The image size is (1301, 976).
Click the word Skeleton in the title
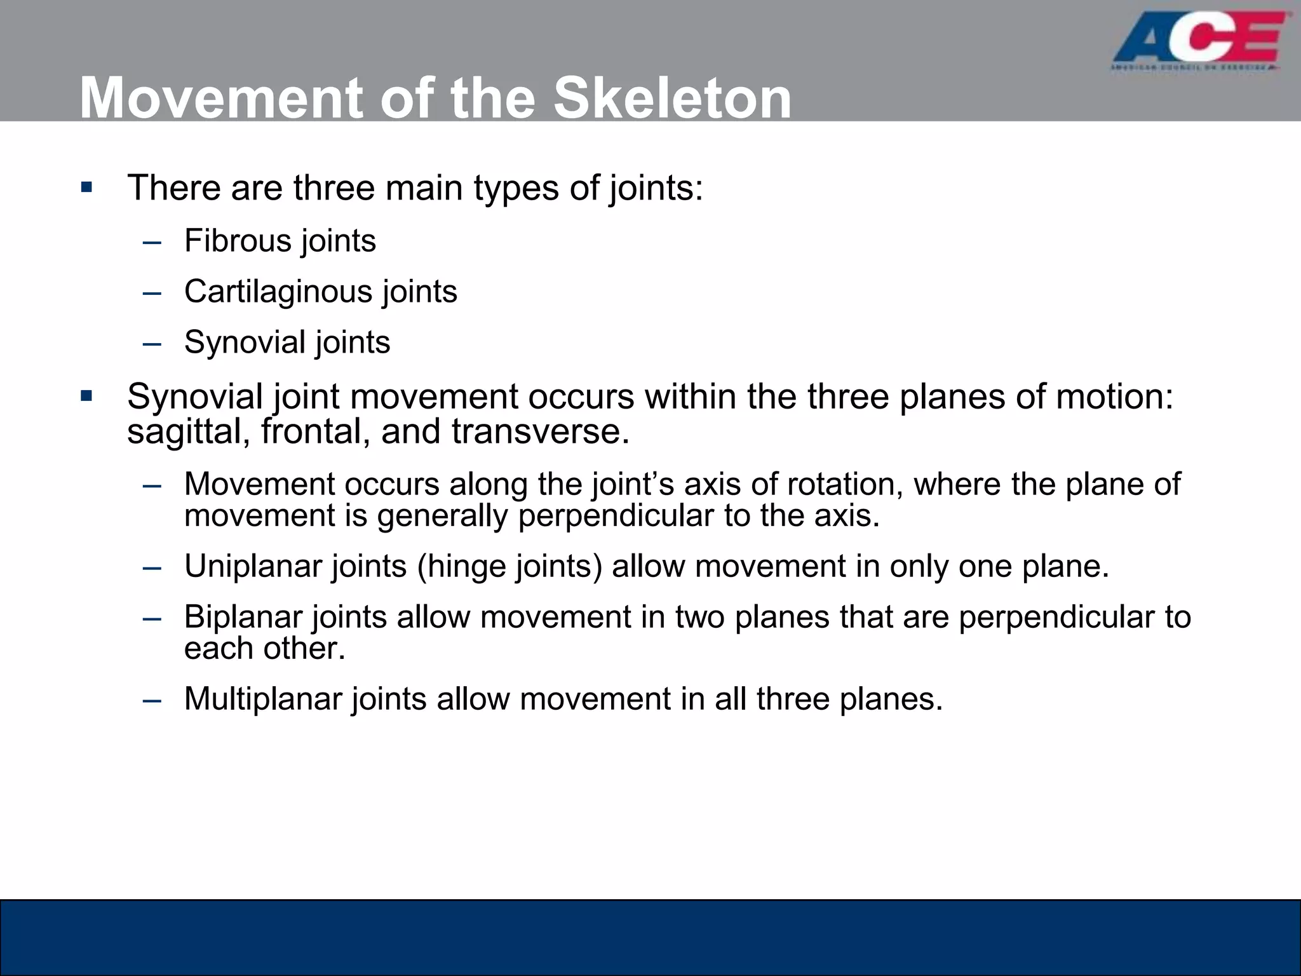tap(672, 98)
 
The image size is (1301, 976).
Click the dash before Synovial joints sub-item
tap(152, 344)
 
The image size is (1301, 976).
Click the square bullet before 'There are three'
tap(87, 188)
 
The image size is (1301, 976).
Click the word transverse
tap(540, 432)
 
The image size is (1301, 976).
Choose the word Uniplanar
tap(253, 566)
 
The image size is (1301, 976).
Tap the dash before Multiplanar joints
tap(152, 700)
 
